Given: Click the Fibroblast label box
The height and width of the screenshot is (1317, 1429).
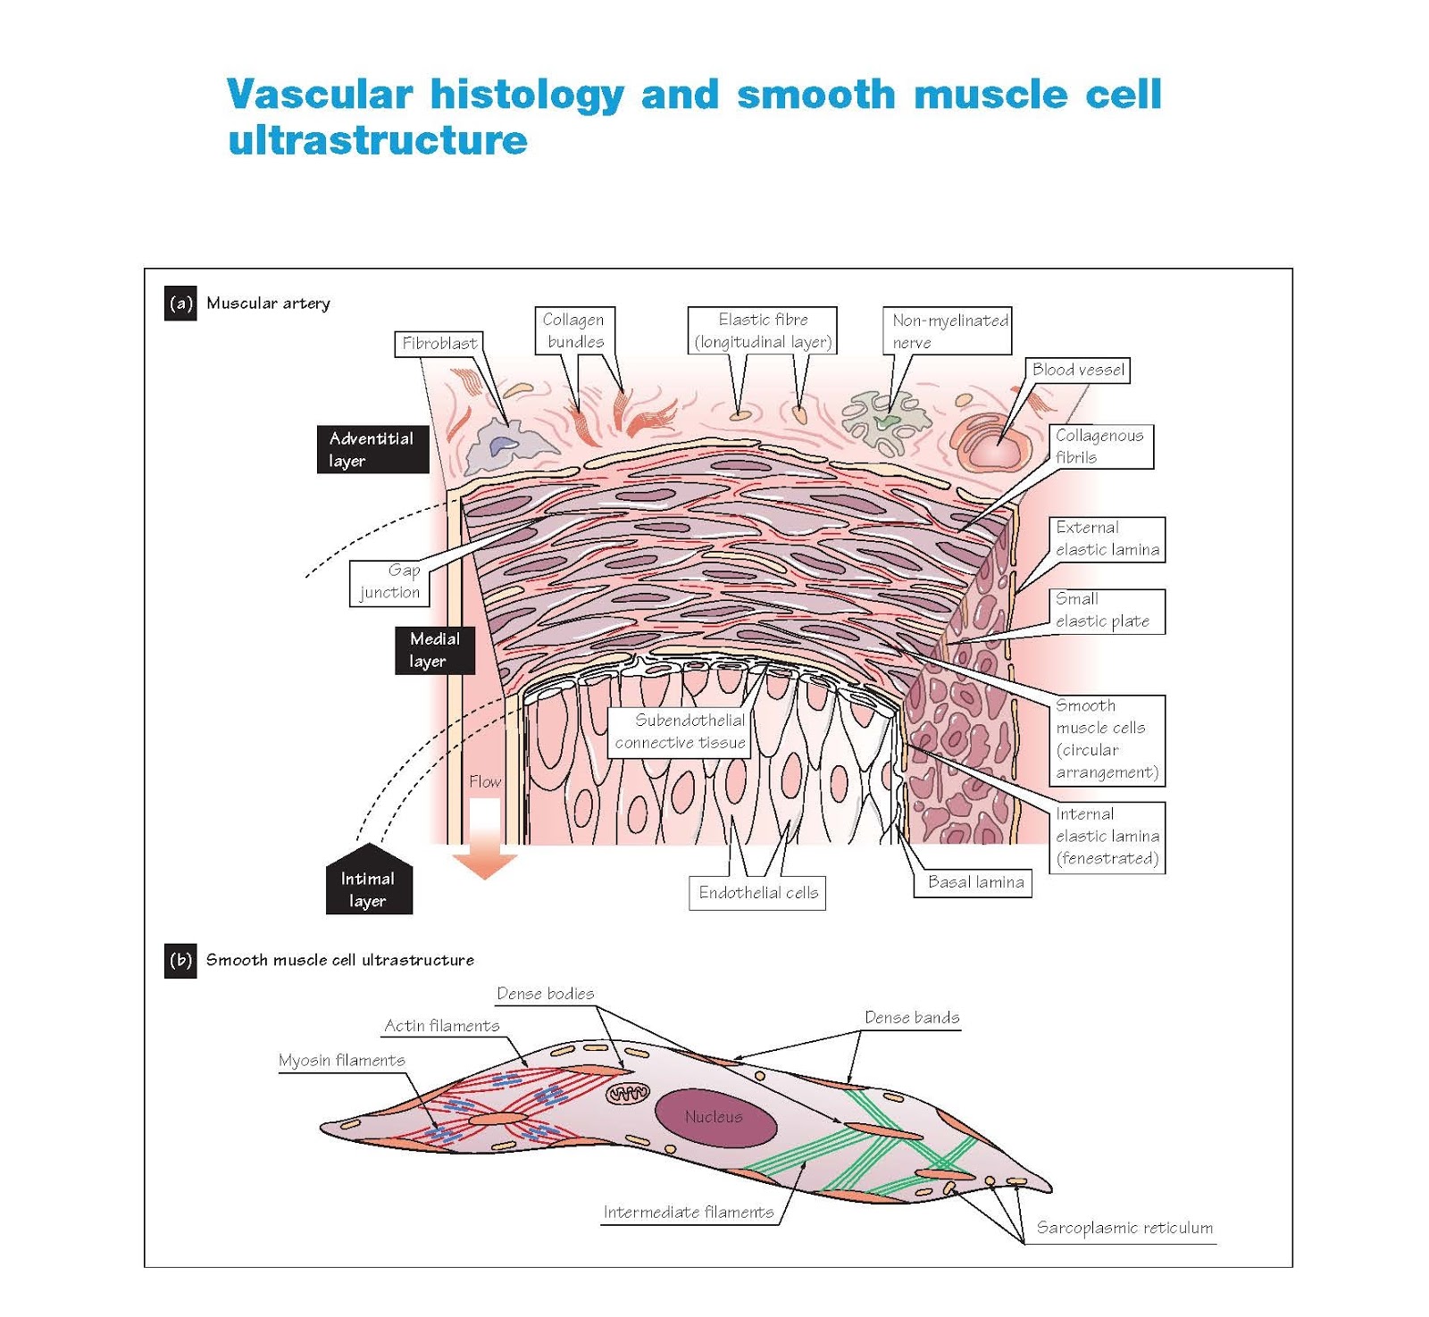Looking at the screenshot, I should pyautogui.click(x=439, y=343).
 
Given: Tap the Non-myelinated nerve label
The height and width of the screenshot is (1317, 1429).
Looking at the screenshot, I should pyautogui.click(x=948, y=330).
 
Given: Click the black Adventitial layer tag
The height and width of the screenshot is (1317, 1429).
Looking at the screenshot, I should pyautogui.click(x=372, y=449).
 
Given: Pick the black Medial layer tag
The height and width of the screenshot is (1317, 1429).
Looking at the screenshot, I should pyautogui.click(x=434, y=650).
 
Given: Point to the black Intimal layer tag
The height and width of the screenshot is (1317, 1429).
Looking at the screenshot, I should pyautogui.click(x=368, y=887).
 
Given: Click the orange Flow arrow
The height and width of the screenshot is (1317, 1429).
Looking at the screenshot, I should pyautogui.click(x=484, y=839).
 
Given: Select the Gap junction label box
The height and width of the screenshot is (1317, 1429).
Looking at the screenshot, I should pyautogui.click(x=389, y=582).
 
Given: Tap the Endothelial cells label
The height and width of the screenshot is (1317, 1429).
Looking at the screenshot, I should pyautogui.click(x=757, y=893).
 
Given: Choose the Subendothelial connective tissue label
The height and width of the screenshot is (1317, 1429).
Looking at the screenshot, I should pyautogui.click(x=680, y=731).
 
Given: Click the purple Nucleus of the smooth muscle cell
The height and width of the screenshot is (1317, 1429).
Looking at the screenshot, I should pyautogui.click(x=714, y=1117).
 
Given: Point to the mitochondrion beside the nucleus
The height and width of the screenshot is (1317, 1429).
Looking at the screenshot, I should pyautogui.click(x=629, y=1093).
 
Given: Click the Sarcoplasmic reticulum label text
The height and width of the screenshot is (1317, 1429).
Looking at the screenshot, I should pyautogui.click(x=1124, y=1228).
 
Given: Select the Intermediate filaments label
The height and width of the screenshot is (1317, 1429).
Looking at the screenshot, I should pyautogui.click(x=688, y=1213).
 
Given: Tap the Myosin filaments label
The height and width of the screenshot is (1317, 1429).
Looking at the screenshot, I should pyautogui.click(x=341, y=1060).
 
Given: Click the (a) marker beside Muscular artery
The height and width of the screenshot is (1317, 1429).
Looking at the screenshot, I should pyautogui.click(x=180, y=304).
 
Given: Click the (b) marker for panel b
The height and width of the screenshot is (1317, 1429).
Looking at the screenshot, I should pyautogui.click(x=180, y=961).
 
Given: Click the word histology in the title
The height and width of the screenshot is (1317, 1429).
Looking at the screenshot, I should pyautogui.click(x=527, y=95).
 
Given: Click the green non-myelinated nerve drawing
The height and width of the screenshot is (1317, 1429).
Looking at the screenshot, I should pyautogui.click(x=887, y=418).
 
